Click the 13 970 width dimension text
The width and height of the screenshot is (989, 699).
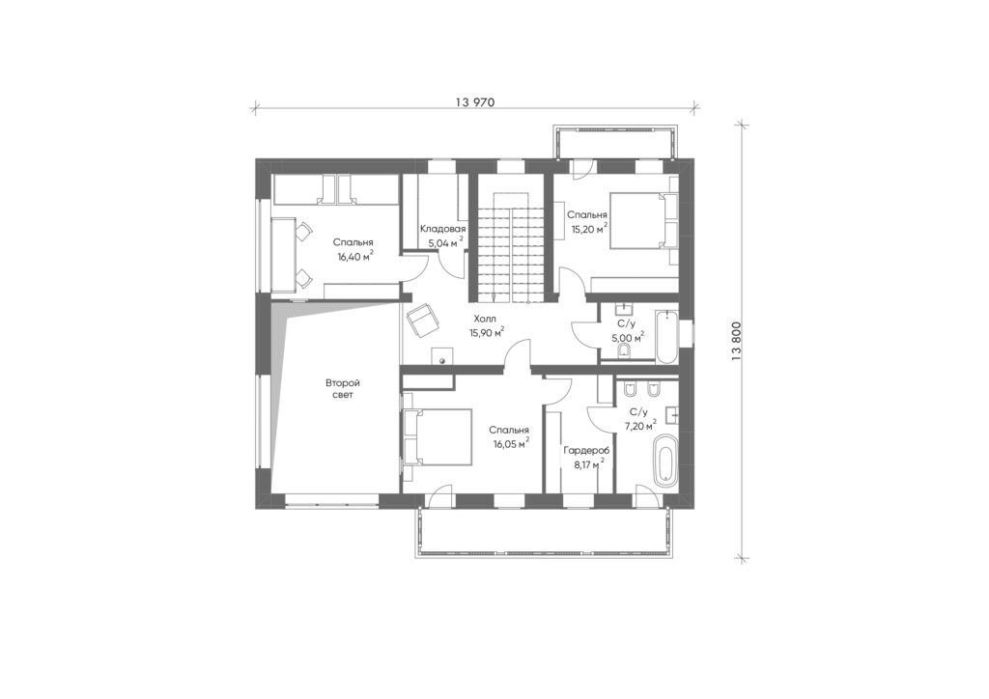[x=473, y=102]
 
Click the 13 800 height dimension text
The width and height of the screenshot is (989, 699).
[x=737, y=341]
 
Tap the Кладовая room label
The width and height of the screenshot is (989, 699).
[x=442, y=229]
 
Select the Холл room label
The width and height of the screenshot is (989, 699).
[x=485, y=320]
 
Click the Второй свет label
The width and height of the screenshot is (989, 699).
[x=343, y=389]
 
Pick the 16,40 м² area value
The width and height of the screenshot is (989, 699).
[x=355, y=255]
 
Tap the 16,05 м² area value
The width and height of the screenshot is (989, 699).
[x=511, y=443]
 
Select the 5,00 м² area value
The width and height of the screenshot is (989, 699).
[x=628, y=337]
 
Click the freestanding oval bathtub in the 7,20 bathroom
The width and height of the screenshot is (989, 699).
[x=664, y=459]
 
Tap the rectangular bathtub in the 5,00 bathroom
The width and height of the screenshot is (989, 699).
[x=665, y=337]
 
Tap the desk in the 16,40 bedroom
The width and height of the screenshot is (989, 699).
[x=284, y=254]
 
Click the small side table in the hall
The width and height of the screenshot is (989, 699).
[x=442, y=355]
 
